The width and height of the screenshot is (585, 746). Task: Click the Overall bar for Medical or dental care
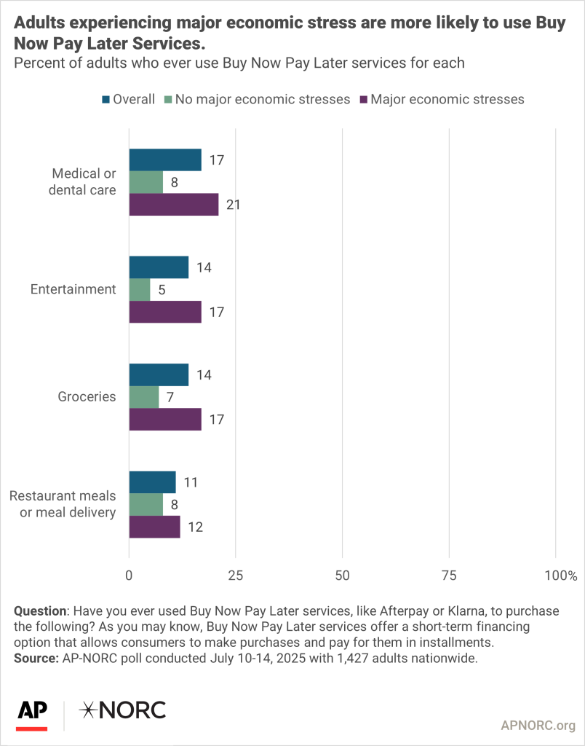click(165, 160)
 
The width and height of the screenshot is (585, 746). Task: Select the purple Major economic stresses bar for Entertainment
click(165, 312)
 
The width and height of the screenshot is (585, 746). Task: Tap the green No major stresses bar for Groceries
click(144, 397)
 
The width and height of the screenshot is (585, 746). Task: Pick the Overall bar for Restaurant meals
click(152, 482)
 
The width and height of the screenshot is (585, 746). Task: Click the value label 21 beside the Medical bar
click(233, 205)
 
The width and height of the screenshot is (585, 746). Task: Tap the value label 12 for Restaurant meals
click(194, 527)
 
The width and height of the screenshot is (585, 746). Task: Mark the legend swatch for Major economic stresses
click(362, 99)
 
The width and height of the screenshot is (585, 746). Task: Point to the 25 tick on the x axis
click(236, 576)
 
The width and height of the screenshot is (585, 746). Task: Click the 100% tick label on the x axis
click(560, 576)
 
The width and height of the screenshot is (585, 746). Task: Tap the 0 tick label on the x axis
click(130, 576)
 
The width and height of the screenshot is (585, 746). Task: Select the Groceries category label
click(87, 397)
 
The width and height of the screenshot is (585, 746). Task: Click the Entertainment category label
click(73, 289)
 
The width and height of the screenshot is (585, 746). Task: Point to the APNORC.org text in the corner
click(538, 726)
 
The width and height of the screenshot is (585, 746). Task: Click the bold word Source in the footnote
click(37, 658)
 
